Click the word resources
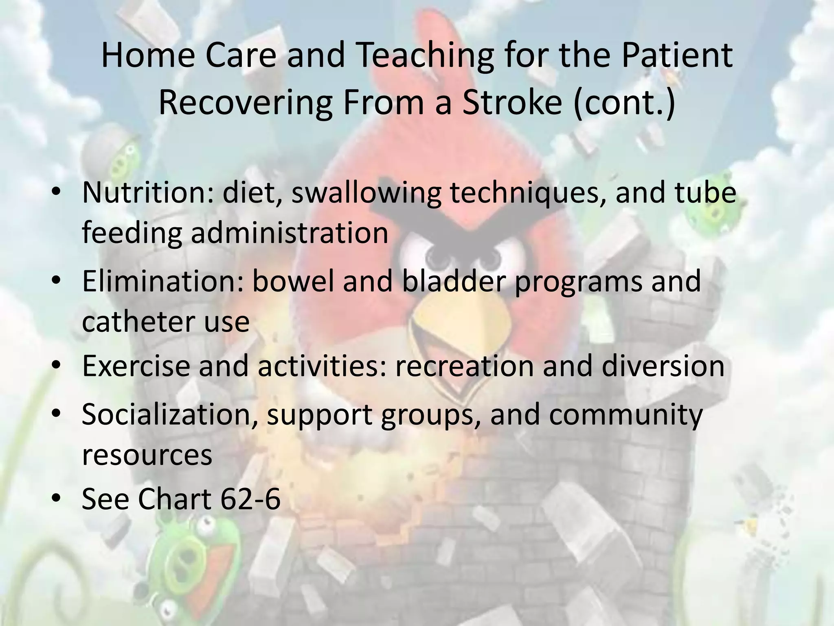click(x=147, y=455)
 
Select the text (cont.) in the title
click(x=624, y=102)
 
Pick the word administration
click(x=290, y=233)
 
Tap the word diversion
click(x=663, y=366)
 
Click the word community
click(x=625, y=414)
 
